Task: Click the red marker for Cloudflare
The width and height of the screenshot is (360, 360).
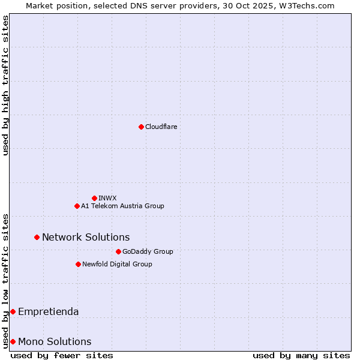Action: (x=141, y=127)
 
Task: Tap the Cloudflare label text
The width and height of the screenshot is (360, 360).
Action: (x=161, y=127)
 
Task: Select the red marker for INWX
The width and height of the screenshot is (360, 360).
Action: (x=94, y=198)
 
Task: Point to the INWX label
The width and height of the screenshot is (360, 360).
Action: (x=107, y=198)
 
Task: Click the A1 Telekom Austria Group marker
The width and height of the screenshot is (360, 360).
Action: (x=77, y=206)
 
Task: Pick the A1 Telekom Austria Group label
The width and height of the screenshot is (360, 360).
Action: (x=122, y=206)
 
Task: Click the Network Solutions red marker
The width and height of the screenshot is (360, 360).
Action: (x=37, y=237)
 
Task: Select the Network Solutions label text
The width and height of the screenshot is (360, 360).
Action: (x=86, y=237)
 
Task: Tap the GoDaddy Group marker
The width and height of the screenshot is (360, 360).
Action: (x=118, y=251)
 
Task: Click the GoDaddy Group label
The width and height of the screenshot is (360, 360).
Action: (x=148, y=251)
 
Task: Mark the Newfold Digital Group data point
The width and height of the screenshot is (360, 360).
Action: (x=78, y=264)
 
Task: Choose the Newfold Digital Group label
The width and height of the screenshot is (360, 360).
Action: (x=117, y=264)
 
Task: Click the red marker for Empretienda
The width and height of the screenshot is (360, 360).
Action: (x=13, y=311)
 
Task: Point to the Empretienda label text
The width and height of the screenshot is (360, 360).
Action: (x=48, y=311)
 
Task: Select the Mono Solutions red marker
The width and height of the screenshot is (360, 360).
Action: (x=13, y=341)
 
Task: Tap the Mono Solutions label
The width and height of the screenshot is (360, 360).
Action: (x=55, y=341)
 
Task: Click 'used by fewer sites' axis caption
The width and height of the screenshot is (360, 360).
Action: (x=62, y=355)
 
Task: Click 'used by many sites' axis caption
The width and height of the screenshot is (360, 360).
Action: (x=301, y=355)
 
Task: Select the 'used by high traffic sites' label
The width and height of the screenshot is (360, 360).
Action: (x=5, y=85)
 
